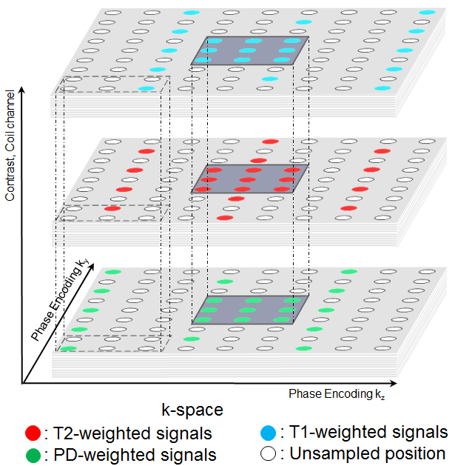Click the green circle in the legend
point(31,453)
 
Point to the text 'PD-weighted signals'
point(133,453)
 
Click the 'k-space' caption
point(193,408)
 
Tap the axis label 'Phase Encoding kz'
point(337,394)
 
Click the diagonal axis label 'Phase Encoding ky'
point(65,297)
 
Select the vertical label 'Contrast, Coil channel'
point(10,148)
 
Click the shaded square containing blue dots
point(249,50)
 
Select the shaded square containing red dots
point(249,179)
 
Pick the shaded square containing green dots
point(249,309)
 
